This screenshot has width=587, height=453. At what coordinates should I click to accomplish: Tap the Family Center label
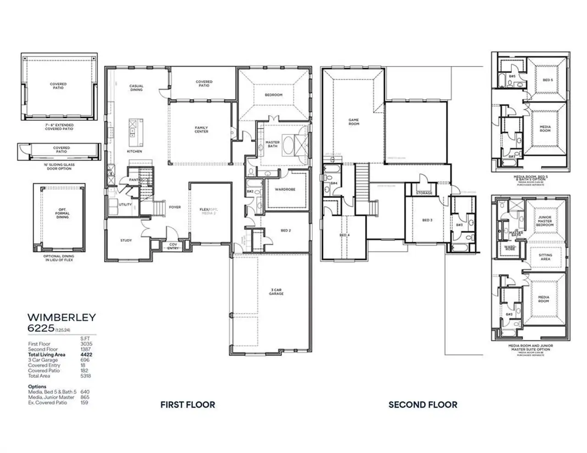click(201, 130)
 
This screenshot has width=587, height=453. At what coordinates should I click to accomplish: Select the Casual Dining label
click(136, 87)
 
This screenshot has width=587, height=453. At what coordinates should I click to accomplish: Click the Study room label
click(126, 240)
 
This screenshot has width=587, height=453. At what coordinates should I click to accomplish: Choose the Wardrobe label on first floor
click(285, 189)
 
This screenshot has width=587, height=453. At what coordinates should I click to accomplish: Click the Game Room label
click(354, 122)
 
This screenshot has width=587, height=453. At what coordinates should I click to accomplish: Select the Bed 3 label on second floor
click(427, 220)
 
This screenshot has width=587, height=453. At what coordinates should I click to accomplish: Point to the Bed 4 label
click(344, 235)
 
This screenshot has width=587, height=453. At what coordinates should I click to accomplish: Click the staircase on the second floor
click(362, 181)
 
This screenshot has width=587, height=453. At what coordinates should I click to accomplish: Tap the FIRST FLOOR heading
click(188, 404)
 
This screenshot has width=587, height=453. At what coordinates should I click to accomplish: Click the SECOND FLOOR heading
click(422, 404)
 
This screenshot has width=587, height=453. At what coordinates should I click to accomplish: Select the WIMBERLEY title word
click(61, 317)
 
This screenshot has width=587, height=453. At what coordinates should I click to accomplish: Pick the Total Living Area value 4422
click(85, 355)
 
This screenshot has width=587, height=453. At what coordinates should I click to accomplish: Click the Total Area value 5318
click(85, 376)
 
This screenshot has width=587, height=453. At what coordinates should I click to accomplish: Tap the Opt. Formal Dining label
click(62, 213)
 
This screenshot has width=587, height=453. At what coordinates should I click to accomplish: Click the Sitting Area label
click(545, 257)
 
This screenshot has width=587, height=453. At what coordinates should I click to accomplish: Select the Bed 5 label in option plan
click(547, 80)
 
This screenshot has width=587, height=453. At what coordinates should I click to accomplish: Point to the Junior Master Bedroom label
click(545, 221)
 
